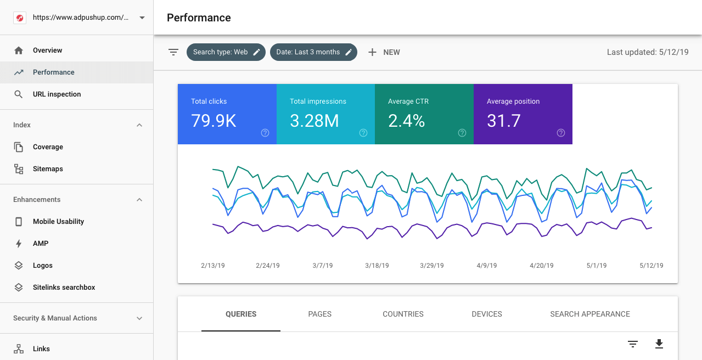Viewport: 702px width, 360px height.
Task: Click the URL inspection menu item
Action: pyautogui.click(x=57, y=94)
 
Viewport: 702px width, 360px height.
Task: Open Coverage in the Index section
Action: pyautogui.click(x=48, y=147)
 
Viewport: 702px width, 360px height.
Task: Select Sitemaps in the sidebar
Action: pyautogui.click(x=48, y=169)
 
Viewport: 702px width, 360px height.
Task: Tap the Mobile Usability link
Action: pyautogui.click(x=58, y=222)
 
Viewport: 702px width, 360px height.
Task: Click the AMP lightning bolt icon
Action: pyautogui.click(x=19, y=244)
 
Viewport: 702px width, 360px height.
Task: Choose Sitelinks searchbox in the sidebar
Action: pyautogui.click(x=64, y=288)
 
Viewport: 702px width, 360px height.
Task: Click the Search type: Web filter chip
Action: pyautogui.click(x=226, y=52)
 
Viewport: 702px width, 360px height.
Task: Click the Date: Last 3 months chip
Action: pyautogui.click(x=313, y=52)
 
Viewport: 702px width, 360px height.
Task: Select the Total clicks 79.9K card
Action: pyautogui.click(x=227, y=114)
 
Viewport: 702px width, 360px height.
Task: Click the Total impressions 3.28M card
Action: pyautogui.click(x=325, y=114)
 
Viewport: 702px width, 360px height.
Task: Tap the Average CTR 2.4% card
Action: pyautogui.click(x=424, y=114)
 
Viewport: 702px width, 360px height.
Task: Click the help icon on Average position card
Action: pyautogui.click(x=560, y=133)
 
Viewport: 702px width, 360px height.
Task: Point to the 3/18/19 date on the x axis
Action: pyautogui.click(x=377, y=266)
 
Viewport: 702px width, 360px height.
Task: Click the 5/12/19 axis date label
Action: pyautogui.click(x=652, y=266)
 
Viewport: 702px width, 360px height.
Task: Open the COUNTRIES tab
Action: pyautogui.click(x=403, y=314)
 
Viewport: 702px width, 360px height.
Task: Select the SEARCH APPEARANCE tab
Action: pyautogui.click(x=590, y=314)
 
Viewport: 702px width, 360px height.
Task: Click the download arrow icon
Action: pyautogui.click(x=659, y=344)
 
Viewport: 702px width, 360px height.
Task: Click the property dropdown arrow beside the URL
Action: pyautogui.click(x=142, y=18)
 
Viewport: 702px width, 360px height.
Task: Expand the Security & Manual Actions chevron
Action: pyautogui.click(x=139, y=318)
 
